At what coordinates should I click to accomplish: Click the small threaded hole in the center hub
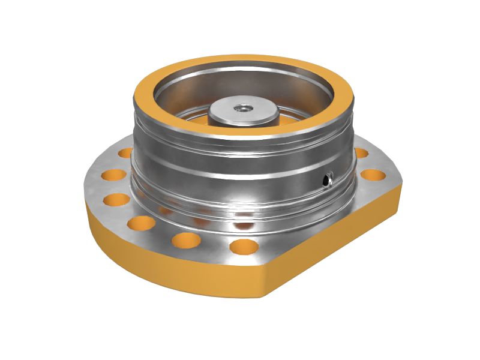pyautogui.click(x=243, y=109)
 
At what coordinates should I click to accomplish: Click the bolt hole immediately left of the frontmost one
pyautogui.click(x=186, y=240)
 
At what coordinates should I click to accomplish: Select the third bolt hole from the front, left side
pyautogui.click(x=142, y=223)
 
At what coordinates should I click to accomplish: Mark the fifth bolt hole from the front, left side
pyautogui.click(x=113, y=175)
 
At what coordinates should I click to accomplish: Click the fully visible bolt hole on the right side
pyautogui.click(x=373, y=175)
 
